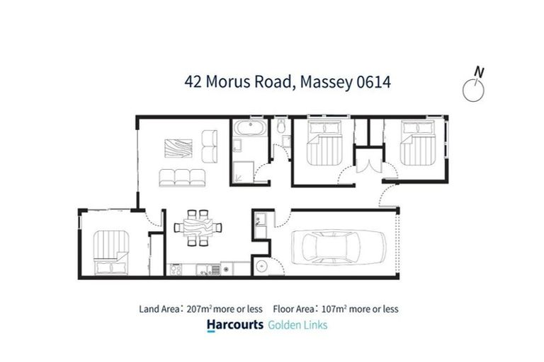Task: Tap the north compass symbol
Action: [x=473, y=88]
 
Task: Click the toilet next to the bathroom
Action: [x=281, y=128]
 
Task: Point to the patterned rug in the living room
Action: [x=178, y=148]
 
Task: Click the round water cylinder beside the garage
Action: [x=261, y=267]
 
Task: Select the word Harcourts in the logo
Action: [x=234, y=325]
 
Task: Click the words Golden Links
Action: [x=297, y=325]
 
